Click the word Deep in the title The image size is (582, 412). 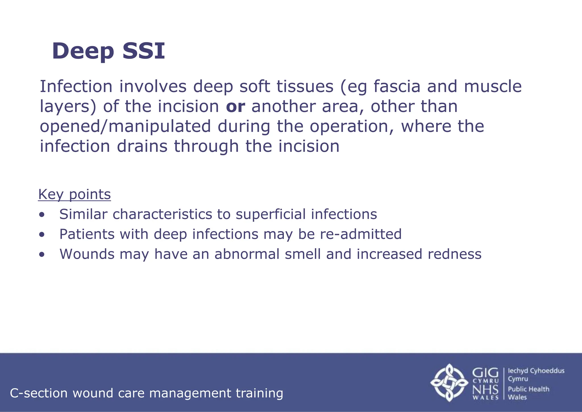83,51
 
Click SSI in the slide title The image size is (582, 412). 144,51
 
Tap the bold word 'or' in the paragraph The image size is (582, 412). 235,106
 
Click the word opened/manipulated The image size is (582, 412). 125,127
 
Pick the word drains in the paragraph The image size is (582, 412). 142,146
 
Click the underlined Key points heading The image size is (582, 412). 74,194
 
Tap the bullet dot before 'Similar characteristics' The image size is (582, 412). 42,215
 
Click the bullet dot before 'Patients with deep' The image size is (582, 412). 42,235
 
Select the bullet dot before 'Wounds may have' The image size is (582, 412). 42,254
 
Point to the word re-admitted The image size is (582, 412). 361,234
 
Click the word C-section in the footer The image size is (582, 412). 39,393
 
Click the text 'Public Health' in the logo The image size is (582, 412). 528,389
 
